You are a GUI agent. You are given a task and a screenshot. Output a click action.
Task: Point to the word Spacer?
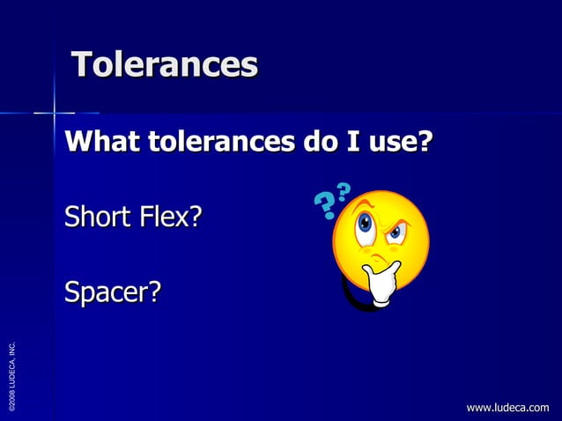pyautogui.click(x=112, y=291)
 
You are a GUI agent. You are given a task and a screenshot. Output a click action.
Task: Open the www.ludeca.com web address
pyautogui.click(x=507, y=407)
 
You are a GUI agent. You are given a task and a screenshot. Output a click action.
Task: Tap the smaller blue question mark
pyautogui.click(x=344, y=190)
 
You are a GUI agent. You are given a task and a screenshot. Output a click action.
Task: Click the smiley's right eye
pyautogui.click(x=396, y=233)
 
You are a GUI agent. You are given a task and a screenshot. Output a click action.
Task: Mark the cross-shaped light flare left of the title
pyautogui.click(x=55, y=112)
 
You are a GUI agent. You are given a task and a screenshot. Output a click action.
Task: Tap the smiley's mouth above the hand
pyautogui.click(x=379, y=261)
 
